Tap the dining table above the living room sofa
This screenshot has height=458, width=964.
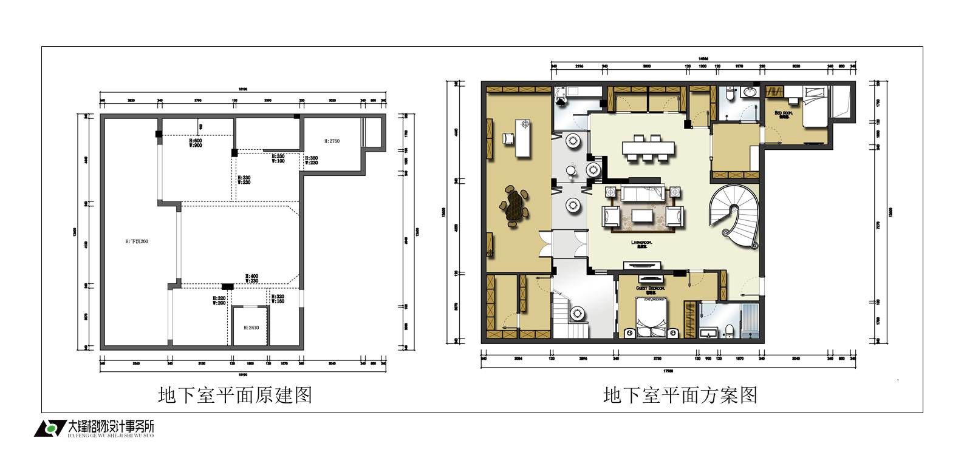click(x=648, y=148)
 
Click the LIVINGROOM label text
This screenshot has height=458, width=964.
click(x=640, y=243)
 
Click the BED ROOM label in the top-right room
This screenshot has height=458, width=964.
click(x=783, y=114)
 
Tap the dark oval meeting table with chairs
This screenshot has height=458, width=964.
click(x=515, y=207)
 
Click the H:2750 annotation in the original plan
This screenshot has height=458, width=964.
click(x=332, y=141)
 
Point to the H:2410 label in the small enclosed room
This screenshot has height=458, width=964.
click(x=251, y=328)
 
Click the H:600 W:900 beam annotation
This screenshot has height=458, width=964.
click(x=195, y=143)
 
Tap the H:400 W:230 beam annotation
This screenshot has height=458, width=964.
click(x=252, y=278)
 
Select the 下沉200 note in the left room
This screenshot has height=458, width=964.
click(x=137, y=241)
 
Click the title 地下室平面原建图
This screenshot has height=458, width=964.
click(x=234, y=396)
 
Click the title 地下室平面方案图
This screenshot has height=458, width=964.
click(x=680, y=396)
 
